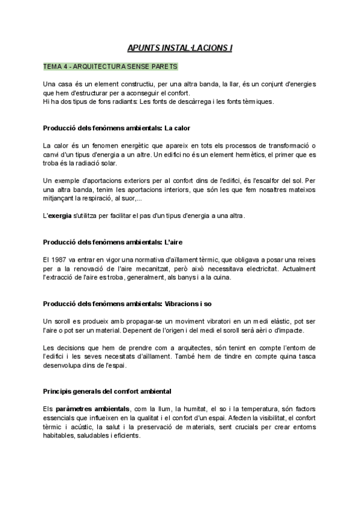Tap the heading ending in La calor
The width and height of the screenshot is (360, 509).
[x=117, y=128]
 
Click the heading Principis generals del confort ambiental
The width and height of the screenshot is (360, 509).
[x=107, y=391]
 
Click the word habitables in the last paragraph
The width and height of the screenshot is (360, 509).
[x=59, y=436]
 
